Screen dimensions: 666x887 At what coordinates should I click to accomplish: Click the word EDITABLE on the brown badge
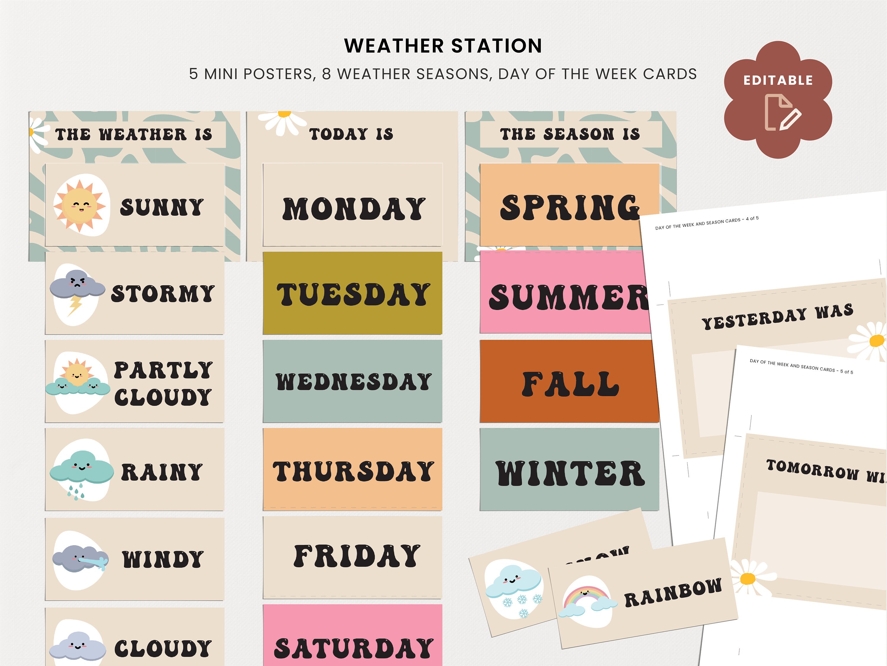(x=778, y=80)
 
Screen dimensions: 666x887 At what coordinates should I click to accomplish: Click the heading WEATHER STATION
(x=443, y=46)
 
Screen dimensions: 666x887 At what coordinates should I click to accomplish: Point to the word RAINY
(x=162, y=472)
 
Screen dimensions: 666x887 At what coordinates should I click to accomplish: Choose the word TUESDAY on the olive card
(x=353, y=294)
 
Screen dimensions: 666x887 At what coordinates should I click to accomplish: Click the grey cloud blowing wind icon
(x=80, y=559)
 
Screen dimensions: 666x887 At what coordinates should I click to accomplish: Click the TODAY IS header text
(x=351, y=134)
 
